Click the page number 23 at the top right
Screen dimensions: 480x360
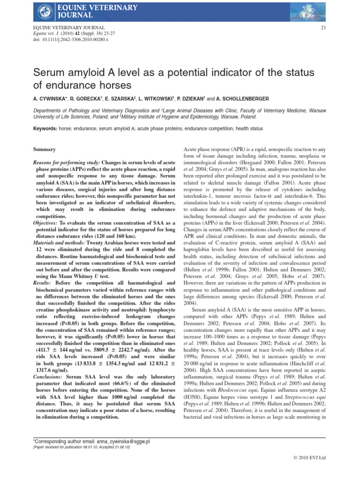[x=322, y=28]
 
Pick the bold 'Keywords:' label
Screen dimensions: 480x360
[x=45, y=128]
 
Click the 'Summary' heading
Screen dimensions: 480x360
[x=45, y=150]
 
